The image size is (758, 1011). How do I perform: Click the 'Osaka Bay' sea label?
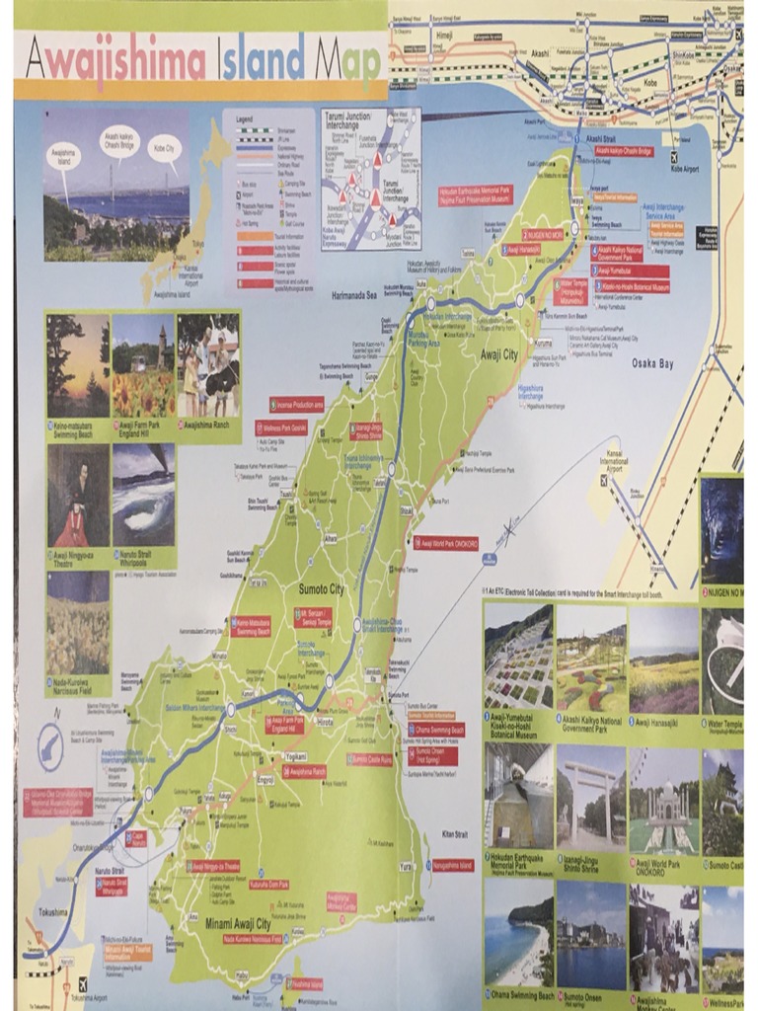652,363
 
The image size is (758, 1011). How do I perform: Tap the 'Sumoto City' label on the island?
322,589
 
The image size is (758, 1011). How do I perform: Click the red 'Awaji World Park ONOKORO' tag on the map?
446,542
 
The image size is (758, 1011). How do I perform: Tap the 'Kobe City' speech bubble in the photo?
164,148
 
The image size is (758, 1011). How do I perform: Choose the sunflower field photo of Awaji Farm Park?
143,365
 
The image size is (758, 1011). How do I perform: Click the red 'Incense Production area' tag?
297,404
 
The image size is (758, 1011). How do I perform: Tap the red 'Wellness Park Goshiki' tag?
281,428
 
